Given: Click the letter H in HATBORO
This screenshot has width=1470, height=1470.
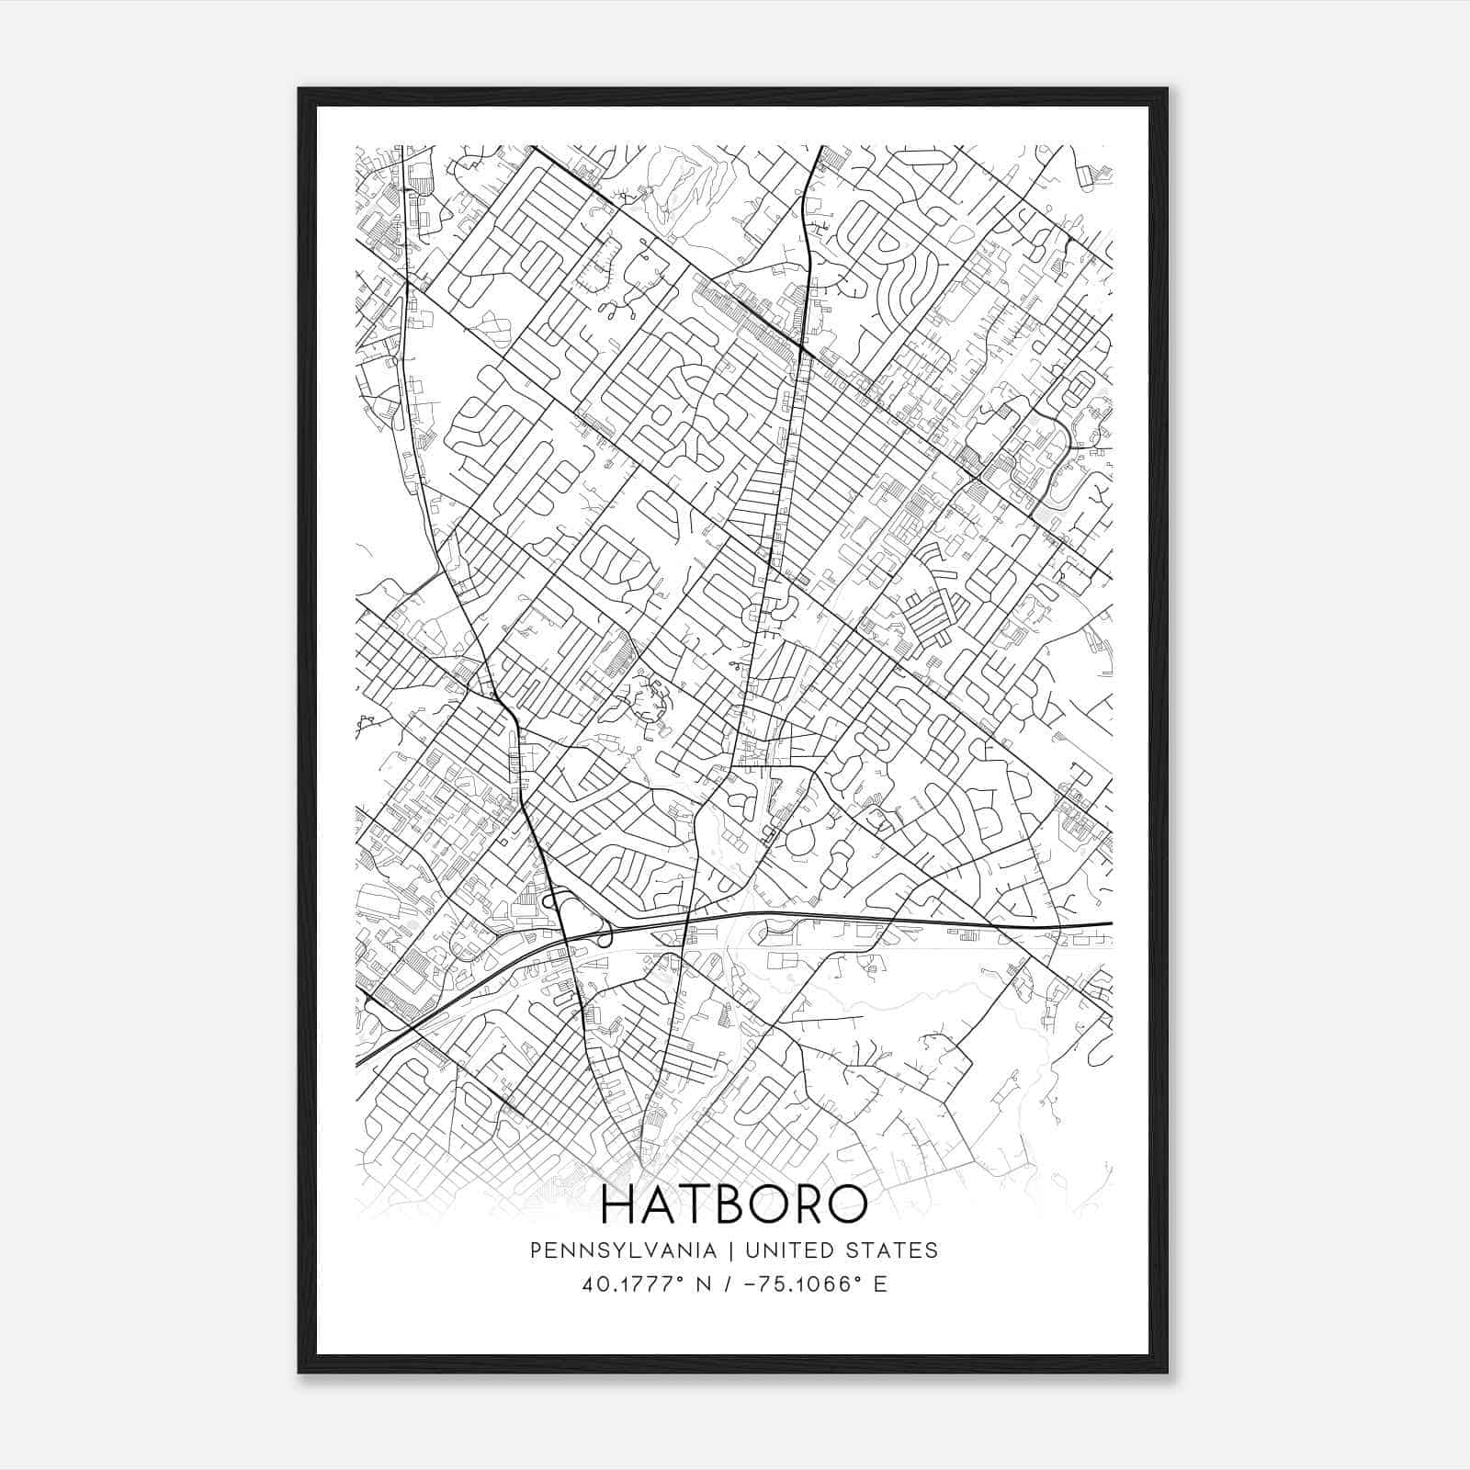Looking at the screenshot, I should [619, 1205].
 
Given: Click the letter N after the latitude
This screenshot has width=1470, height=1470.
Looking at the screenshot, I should [704, 1284].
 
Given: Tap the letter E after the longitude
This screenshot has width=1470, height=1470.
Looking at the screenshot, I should [880, 1284].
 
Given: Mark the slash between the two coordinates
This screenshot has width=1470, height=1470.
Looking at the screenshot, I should [727, 1284].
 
